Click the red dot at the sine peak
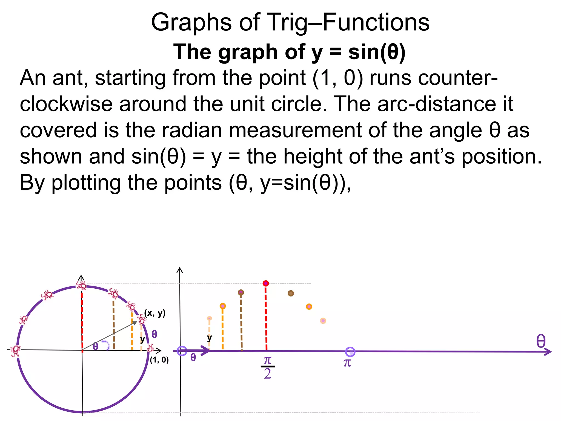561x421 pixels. coord(265,283)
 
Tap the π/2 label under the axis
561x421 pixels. coord(267,367)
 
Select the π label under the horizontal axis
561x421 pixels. coord(347,363)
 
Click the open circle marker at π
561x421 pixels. coord(350,352)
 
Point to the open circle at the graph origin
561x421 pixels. coord(182,351)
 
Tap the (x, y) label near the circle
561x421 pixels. coord(155,313)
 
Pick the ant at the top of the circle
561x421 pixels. coord(81,286)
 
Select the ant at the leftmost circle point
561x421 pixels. coord(15,351)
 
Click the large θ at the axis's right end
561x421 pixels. coord(541,342)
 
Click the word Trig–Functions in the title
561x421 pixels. coord(348,22)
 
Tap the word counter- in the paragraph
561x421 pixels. coord(433,78)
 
